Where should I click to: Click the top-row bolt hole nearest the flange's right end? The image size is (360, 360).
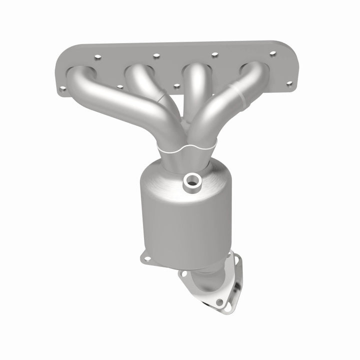tap(272, 53)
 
